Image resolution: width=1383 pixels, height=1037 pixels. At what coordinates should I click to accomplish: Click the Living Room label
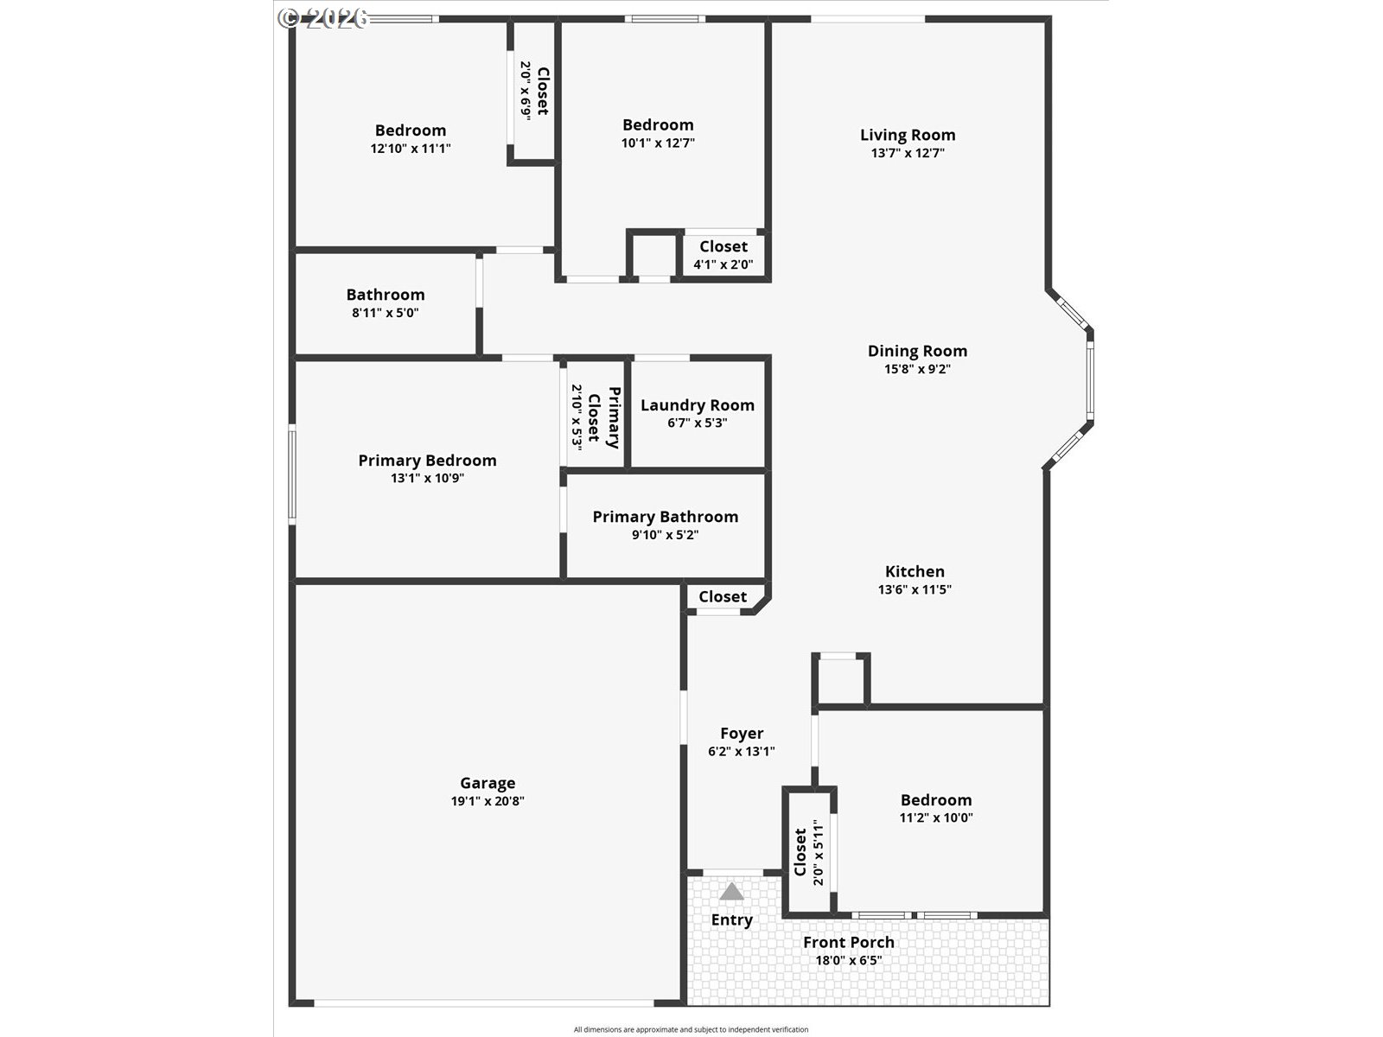coord(908,135)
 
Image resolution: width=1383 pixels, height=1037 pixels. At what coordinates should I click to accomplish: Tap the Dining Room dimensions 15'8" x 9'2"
coord(917,369)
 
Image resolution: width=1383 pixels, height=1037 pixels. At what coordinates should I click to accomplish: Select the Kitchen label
coord(915,571)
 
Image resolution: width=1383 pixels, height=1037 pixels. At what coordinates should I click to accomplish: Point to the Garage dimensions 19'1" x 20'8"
coord(488,801)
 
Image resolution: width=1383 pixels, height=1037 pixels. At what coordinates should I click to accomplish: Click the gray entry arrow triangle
coord(731,891)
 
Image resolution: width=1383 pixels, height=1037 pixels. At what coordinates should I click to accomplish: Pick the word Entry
coord(732,919)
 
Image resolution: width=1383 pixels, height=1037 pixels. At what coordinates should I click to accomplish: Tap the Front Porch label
coord(849,942)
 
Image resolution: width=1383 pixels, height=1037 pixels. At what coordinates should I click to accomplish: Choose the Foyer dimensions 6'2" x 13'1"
coord(742,751)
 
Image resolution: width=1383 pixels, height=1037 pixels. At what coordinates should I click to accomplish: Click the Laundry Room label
coord(698,405)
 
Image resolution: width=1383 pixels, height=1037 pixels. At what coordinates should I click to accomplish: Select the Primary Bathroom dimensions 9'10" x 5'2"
coord(666,535)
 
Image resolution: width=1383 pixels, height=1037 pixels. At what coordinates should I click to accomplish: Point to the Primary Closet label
coord(603,417)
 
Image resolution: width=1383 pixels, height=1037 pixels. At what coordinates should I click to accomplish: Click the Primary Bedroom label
coord(427,461)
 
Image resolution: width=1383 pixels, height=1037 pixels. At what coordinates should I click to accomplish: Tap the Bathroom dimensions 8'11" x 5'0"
coord(385,312)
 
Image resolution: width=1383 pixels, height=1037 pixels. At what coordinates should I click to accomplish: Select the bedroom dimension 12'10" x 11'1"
coord(411,149)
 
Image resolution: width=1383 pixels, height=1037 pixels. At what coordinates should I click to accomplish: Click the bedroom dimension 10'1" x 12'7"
coord(659,143)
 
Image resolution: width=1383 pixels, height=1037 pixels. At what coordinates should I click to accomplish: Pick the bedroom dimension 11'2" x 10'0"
coord(936,818)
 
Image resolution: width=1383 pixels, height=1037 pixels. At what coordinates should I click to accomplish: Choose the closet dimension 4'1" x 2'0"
coord(723,264)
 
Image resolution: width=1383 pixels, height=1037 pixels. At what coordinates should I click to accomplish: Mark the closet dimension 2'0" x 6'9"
coord(526,89)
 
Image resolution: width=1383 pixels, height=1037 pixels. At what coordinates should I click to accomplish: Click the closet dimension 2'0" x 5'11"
coord(819,852)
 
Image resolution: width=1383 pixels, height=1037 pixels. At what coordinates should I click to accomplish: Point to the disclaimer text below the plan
coord(691,1029)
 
